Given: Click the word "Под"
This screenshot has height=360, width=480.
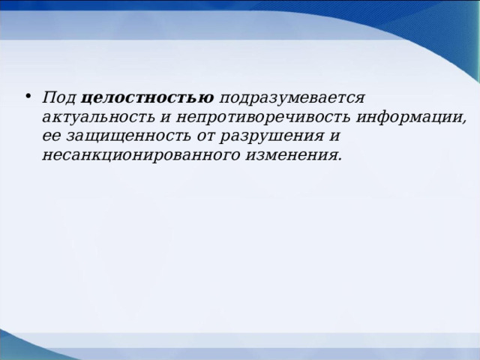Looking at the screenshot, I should (58, 99).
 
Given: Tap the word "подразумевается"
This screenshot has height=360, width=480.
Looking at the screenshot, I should (292, 99).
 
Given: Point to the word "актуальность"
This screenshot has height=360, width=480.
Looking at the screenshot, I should (99, 118).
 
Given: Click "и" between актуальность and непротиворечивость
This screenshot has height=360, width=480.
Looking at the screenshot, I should (166, 118).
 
